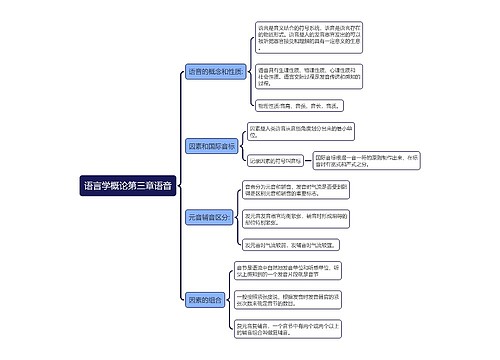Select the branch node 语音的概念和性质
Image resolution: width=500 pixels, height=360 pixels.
(x=215, y=72)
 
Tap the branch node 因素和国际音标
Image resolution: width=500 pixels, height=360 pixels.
(x=210, y=146)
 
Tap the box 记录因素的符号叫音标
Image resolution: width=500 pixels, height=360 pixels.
(x=275, y=161)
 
